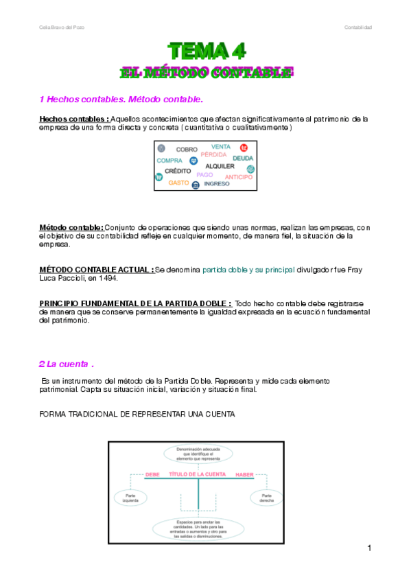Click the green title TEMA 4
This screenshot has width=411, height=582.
tap(208, 50)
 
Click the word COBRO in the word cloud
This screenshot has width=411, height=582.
tap(187, 149)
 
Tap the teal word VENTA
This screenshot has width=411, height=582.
tap(221, 146)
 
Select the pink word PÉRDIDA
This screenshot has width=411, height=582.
tap(213, 155)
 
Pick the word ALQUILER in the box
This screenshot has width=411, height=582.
tap(220, 166)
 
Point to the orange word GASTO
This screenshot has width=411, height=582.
tap(178, 183)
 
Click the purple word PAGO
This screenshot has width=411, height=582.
tap(204, 175)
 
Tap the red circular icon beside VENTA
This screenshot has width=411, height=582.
tap(244, 148)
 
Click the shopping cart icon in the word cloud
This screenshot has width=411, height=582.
tap(159, 177)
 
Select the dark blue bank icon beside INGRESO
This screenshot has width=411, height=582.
tap(196, 185)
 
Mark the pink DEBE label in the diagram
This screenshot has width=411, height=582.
tap(152, 475)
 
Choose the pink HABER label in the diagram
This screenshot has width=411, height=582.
tap(245, 475)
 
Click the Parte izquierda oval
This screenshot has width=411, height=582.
tap(131, 498)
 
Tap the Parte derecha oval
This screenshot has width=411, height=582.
tap(267, 498)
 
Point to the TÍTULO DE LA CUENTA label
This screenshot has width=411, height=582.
tap(198, 475)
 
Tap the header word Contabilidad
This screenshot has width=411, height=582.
tap(357, 27)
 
